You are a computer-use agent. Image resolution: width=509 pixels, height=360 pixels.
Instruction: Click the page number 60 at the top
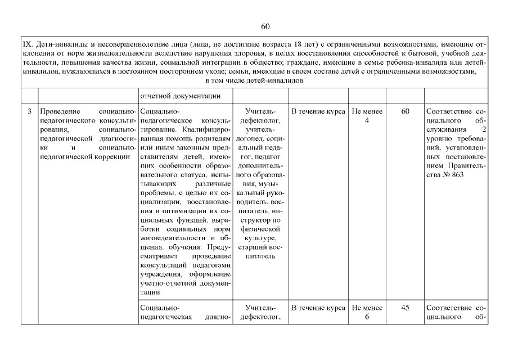point(266,26)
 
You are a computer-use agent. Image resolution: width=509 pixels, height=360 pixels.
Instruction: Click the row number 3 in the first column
point(29,111)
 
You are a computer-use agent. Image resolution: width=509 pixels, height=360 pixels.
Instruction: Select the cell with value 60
point(405,111)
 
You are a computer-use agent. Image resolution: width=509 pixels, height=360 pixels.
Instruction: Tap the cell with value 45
point(405,308)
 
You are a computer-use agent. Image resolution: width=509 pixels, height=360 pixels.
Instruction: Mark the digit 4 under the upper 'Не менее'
point(367,120)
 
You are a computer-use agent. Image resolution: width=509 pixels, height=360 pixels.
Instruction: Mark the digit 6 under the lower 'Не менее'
point(367,317)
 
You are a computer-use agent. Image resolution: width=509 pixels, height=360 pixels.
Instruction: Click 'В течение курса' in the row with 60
point(318,111)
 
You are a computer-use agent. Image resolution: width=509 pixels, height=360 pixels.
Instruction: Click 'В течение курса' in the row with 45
point(318,308)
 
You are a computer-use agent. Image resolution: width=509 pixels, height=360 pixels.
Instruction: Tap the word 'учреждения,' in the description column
point(159,274)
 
